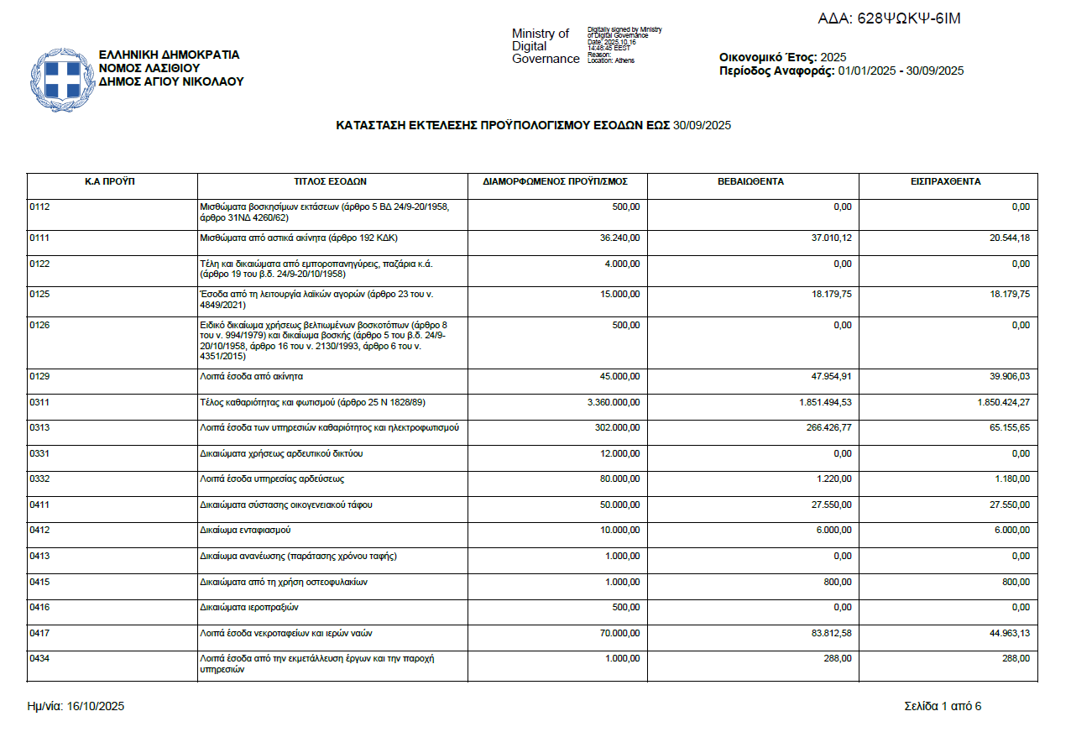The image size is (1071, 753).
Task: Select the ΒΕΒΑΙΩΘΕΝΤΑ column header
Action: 750,181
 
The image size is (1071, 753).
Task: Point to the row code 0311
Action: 39,402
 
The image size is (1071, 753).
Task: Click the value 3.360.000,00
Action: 614,402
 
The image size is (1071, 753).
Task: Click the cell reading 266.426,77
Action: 826,428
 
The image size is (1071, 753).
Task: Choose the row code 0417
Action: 39,633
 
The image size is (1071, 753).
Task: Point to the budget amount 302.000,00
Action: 616,428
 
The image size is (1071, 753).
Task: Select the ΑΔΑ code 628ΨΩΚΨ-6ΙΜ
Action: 889,18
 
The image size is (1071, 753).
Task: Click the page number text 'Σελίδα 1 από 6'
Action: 943,706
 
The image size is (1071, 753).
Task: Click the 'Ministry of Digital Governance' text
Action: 545,46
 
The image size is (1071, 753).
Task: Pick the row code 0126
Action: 39,325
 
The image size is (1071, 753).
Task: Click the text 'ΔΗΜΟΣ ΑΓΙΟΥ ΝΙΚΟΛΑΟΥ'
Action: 170,81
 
